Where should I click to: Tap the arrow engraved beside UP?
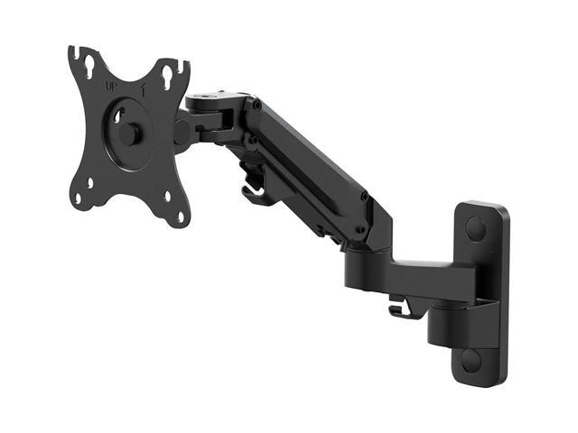coord(143,91)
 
